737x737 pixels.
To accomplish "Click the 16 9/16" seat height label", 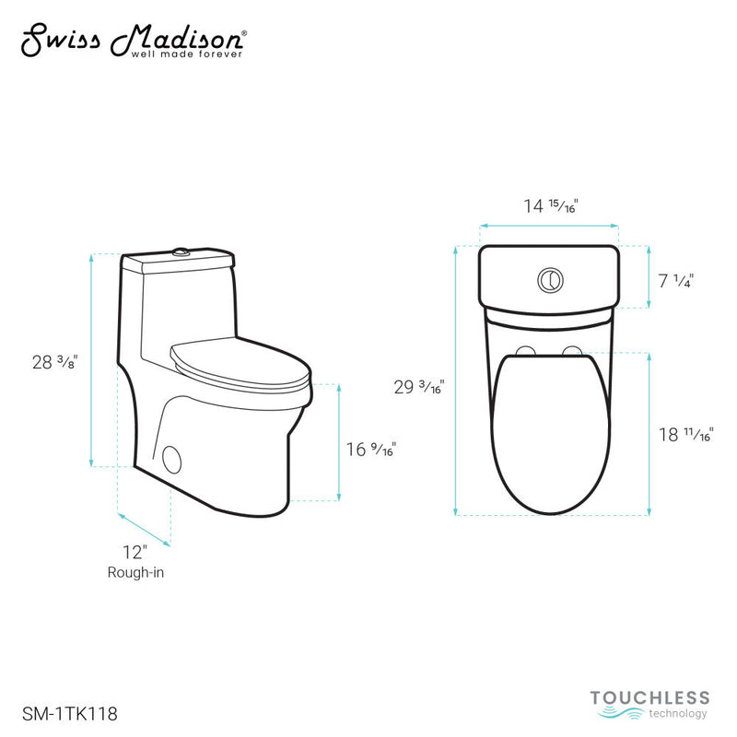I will (x=370, y=450).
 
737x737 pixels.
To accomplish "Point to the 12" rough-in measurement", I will (x=135, y=553).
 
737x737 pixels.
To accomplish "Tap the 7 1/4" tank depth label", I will (x=676, y=281).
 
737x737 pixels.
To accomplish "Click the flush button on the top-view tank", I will (x=550, y=278).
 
